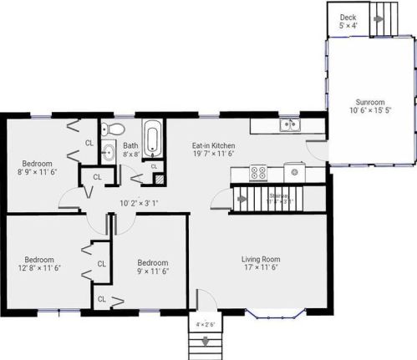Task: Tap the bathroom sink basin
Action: (109, 153)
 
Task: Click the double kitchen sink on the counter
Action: (289, 125)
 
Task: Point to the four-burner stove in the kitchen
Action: (258, 174)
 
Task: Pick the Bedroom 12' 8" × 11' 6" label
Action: (40, 263)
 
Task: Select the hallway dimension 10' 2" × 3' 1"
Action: (139, 203)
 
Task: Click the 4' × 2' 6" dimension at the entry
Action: (206, 325)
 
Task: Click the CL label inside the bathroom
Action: (154, 167)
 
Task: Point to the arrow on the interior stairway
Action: (240, 200)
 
